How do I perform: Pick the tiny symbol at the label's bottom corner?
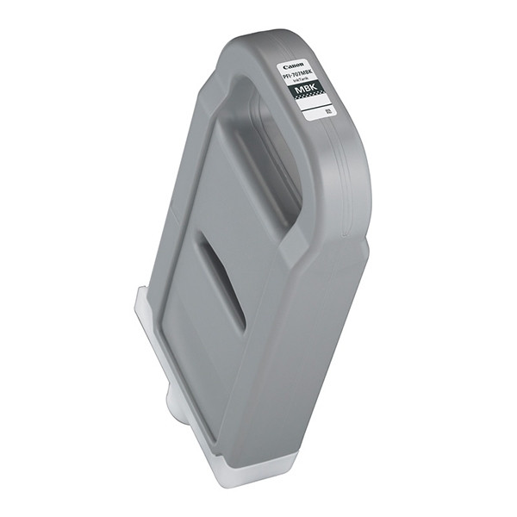pyautogui.click(x=327, y=113)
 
